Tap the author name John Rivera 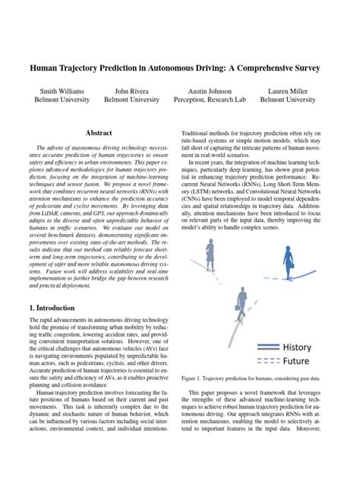pos(131,90)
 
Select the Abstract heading pos(100,132)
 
